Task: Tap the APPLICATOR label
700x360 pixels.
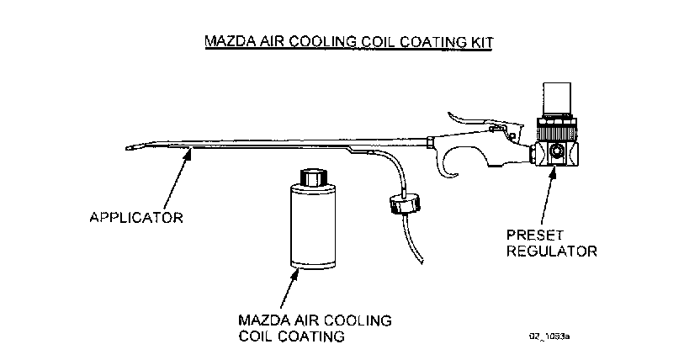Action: point(136,217)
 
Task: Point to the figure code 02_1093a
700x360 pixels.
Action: point(550,335)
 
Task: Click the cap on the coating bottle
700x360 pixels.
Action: point(311,178)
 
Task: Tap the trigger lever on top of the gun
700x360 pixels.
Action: point(476,118)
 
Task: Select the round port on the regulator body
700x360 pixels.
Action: point(556,154)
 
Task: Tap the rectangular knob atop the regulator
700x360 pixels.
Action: point(558,99)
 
